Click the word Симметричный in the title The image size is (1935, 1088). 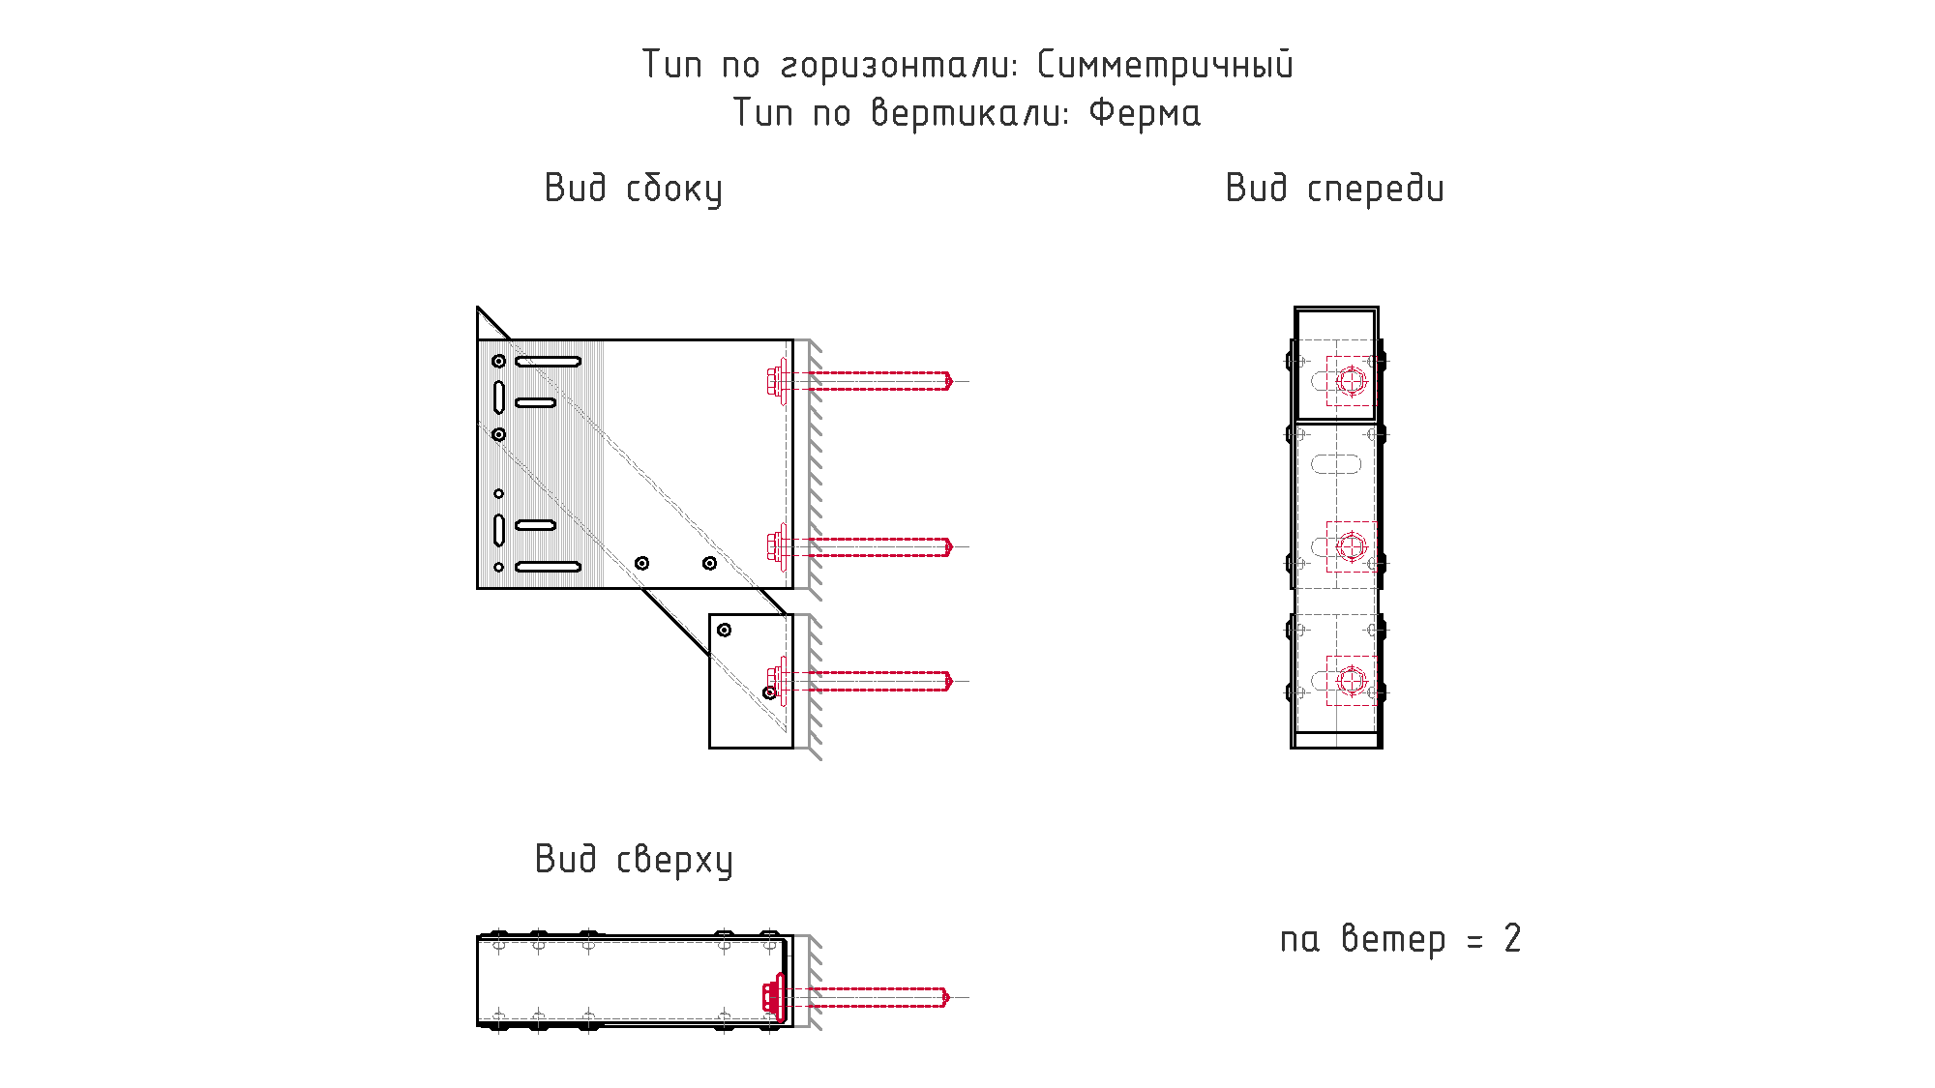pos(1165,65)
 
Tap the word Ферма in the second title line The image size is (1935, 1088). pos(1145,113)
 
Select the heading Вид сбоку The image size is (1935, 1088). pos(634,189)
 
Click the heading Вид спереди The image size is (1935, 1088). pos(1334,189)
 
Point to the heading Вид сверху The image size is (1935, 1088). pos(634,860)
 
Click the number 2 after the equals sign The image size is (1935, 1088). pos(1512,938)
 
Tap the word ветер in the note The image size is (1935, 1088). pos(1393,939)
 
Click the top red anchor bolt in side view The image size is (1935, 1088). pos(860,381)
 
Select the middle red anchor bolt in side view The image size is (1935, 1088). pos(860,546)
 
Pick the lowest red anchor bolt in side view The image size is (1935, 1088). pos(860,681)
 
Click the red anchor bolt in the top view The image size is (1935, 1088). pos(855,997)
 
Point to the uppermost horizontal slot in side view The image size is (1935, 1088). pos(548,362)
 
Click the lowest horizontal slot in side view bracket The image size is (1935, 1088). pos(548,567)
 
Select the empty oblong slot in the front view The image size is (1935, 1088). pos(1336,464)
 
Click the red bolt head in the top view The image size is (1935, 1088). pos(773,997)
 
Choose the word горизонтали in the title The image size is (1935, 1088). pos(899,65)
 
